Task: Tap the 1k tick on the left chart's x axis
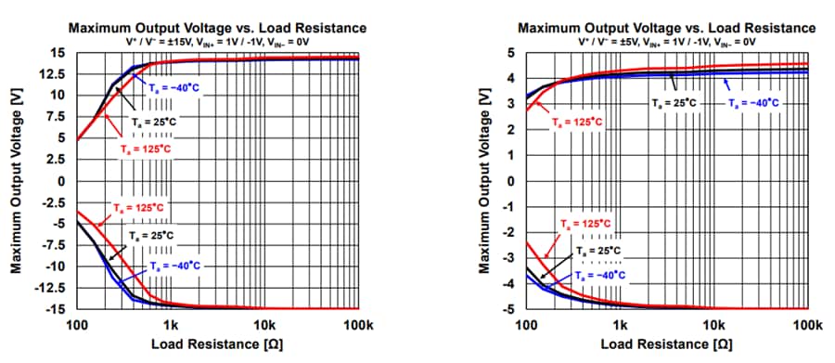point(170,326)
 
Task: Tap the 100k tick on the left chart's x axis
point(357,326)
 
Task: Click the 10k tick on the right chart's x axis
point(713,326)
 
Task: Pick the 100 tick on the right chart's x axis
point(526,326)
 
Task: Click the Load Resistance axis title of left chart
point(216,345)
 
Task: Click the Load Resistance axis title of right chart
point(666,345)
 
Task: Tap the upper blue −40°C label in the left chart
point(173,85)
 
